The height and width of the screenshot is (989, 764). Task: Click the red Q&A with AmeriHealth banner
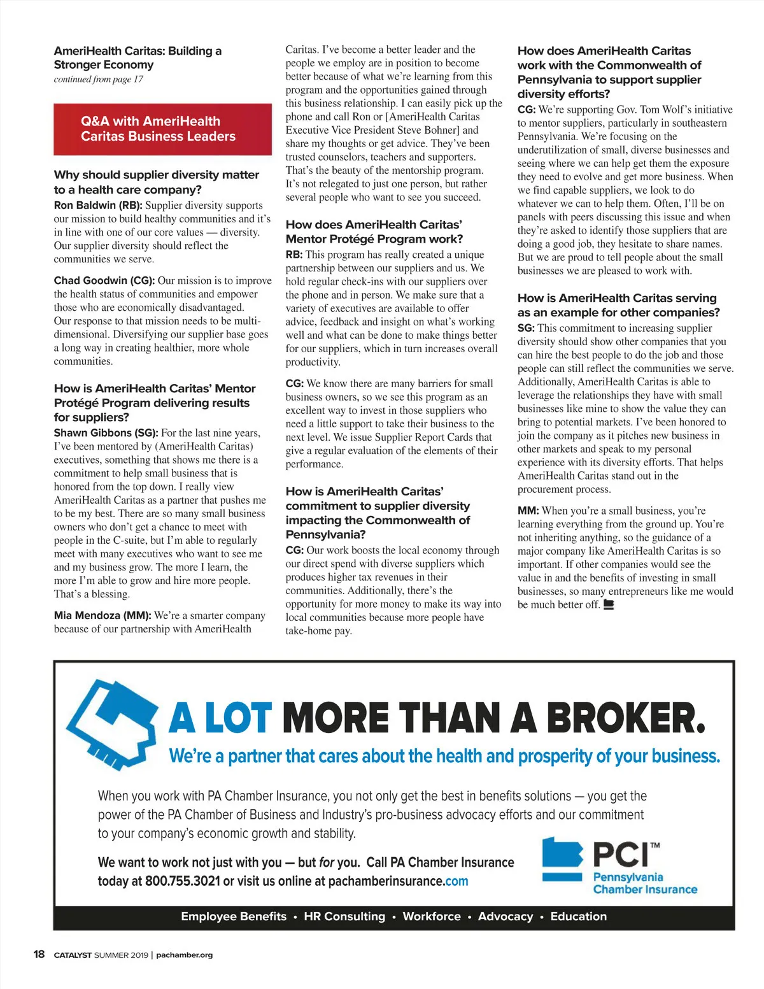click(162, 129)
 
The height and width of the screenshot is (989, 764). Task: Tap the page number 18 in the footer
click(39, 954)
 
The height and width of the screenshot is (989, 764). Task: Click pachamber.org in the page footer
click(184, 955)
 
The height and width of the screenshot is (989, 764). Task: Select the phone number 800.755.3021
click(182, 881)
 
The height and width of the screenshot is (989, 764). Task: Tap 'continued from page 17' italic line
click(99, 80)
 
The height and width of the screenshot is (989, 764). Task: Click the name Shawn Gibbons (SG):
click(106, 433)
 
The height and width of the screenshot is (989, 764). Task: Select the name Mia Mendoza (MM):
click(103, 616)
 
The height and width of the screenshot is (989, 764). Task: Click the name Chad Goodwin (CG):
click(104, 281)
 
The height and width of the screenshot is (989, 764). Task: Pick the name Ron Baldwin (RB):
click(98, 206)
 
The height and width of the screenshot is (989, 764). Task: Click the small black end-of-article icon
click(609, 605)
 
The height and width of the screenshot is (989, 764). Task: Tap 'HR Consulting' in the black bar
click(344, 916)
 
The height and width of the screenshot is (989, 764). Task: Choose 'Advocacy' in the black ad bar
click(506, 916)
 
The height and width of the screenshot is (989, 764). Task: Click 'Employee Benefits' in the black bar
click(234, 916)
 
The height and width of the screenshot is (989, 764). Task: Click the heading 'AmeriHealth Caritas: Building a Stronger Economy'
click(138, 58)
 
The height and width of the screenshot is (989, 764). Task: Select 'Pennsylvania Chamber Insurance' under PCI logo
click(644, 883)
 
